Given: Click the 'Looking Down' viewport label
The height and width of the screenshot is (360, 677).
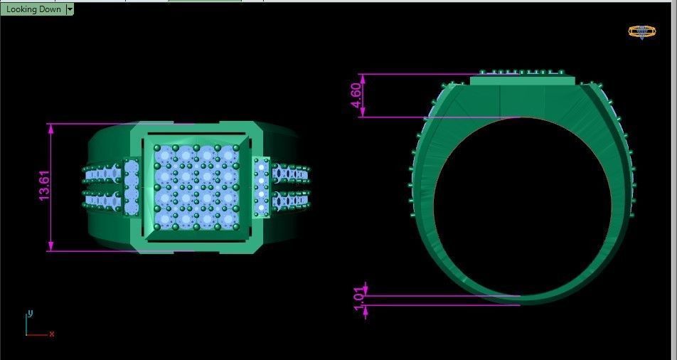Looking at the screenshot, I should tap(33, 9).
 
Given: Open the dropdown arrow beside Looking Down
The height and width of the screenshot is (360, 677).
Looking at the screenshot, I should tap(70, 9).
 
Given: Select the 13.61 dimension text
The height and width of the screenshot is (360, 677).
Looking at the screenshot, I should tap(44, 186).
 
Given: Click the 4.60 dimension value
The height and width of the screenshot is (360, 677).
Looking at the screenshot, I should tap(356, 95).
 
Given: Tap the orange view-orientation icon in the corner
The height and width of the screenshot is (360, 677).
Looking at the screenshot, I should tap(641, 31).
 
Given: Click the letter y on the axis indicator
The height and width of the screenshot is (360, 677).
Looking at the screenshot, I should tap(30, 313).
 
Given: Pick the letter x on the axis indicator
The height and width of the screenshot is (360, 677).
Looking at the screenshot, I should tap(52, 334).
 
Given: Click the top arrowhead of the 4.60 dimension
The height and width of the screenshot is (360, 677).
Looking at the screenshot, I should tap(363, 78).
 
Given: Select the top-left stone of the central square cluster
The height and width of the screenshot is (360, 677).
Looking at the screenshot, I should tap(165, 154).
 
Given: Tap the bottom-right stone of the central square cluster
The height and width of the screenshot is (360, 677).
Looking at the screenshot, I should tap(228, 218).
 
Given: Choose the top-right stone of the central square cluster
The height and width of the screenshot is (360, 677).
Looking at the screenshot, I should tap(228, 154).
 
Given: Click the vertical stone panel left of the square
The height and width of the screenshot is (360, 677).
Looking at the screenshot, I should tap(132, 186).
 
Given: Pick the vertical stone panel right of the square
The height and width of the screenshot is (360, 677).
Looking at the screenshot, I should tap(261, 186).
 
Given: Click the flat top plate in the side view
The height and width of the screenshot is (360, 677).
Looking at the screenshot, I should tap(522, 80).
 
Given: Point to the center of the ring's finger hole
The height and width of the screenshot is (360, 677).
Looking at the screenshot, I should tap(522, 206).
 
